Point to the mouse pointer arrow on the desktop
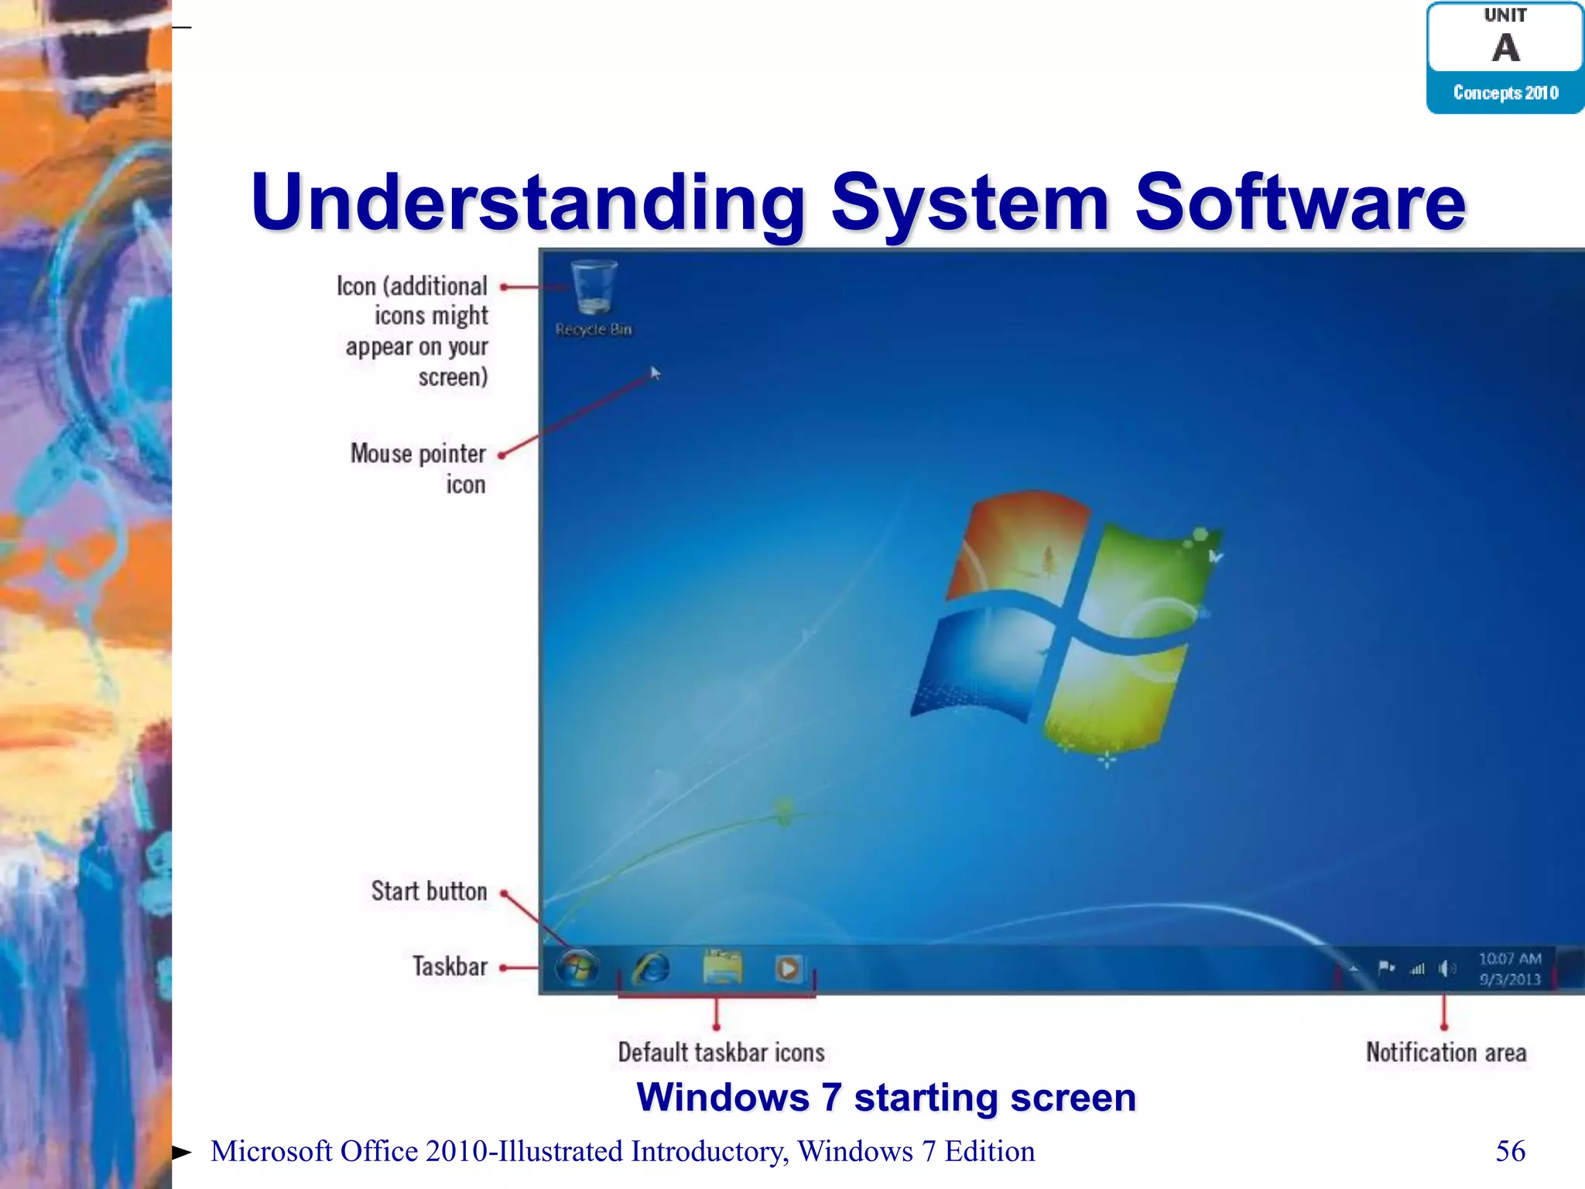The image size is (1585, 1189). tap(656, 373)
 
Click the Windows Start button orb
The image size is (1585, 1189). tap(577, 968)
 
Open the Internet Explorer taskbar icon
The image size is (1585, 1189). tap(652, 968)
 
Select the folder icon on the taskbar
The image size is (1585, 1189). tap(722, 967)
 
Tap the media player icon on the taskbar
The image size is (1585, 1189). tap(788, 968)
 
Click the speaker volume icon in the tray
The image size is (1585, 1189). tap(1446, 968)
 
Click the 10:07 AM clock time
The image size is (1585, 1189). tap(1510, 958)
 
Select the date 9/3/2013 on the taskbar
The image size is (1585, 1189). tap(1510, 979)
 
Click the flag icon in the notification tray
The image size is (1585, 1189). tap(1386, 968)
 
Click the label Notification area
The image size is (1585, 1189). tap(1446, 1053)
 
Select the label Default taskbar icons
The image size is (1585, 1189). tap(721, 1053)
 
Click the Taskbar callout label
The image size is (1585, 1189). tap(450, 967)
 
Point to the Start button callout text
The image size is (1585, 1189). tap(429, 891)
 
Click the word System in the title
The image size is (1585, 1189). tap(970, 203)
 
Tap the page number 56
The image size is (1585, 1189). tap(1510, 1151)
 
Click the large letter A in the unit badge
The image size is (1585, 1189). tap(1505, 48)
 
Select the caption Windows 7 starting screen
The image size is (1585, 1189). tap(886, 1098)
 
